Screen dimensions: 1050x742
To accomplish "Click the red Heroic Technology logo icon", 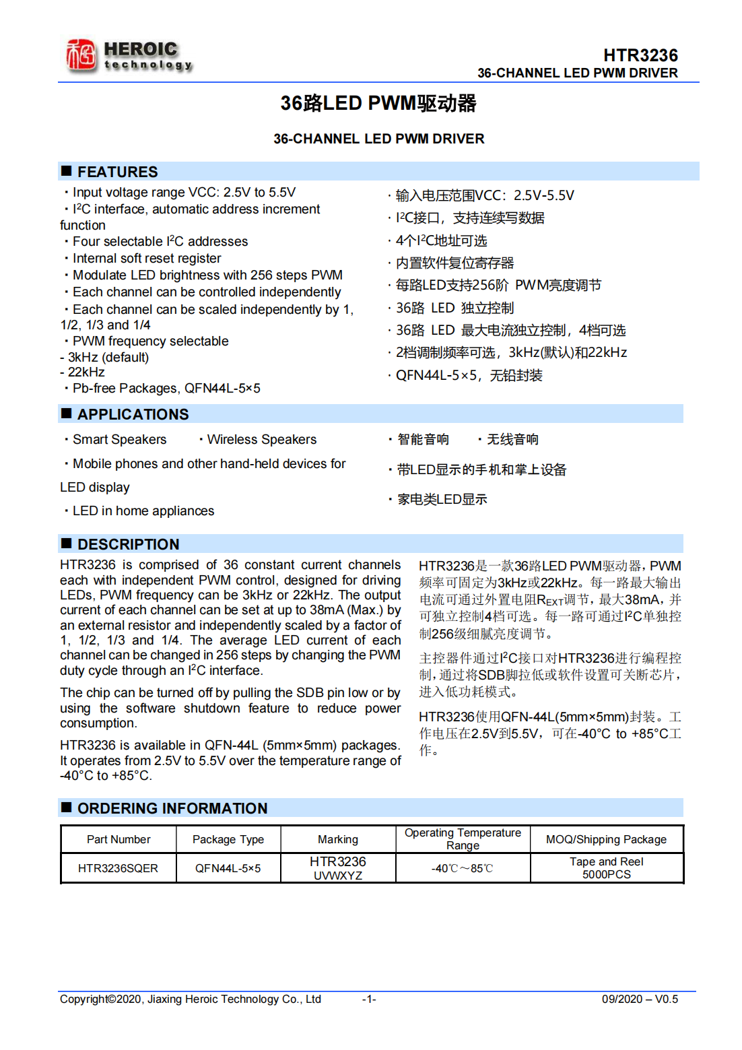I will pos(81,55).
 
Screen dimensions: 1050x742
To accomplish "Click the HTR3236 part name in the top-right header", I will pos(640,55).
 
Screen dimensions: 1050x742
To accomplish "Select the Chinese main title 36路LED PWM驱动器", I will pos(378,103).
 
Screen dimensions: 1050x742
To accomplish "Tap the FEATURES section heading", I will pos(117,172).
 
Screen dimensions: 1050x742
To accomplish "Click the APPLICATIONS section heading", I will pos(133,414).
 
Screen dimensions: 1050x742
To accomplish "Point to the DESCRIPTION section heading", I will pos(128,544).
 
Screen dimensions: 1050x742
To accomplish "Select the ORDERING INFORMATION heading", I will pos(172,808).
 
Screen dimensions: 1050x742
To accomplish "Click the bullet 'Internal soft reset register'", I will pos(146,259).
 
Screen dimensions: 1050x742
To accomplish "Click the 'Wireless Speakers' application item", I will pos(261,440).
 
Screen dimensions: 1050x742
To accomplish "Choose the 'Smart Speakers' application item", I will pos(119,440).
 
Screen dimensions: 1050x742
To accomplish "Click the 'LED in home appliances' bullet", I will pos(143,511).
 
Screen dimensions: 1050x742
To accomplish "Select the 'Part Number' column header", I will pos(119,839).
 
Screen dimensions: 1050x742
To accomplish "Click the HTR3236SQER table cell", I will pos(118,868).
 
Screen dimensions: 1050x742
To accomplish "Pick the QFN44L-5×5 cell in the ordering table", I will pos(228,868).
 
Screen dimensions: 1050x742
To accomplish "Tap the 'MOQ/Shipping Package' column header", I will pos(606,839).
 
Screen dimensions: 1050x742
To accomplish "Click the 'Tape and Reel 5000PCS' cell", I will pos(606,868).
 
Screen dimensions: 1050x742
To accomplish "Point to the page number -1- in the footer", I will pos(369,999).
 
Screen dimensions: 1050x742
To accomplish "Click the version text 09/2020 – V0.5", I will pos(640,999).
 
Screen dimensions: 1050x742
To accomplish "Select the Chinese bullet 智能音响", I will pos(423,440).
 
